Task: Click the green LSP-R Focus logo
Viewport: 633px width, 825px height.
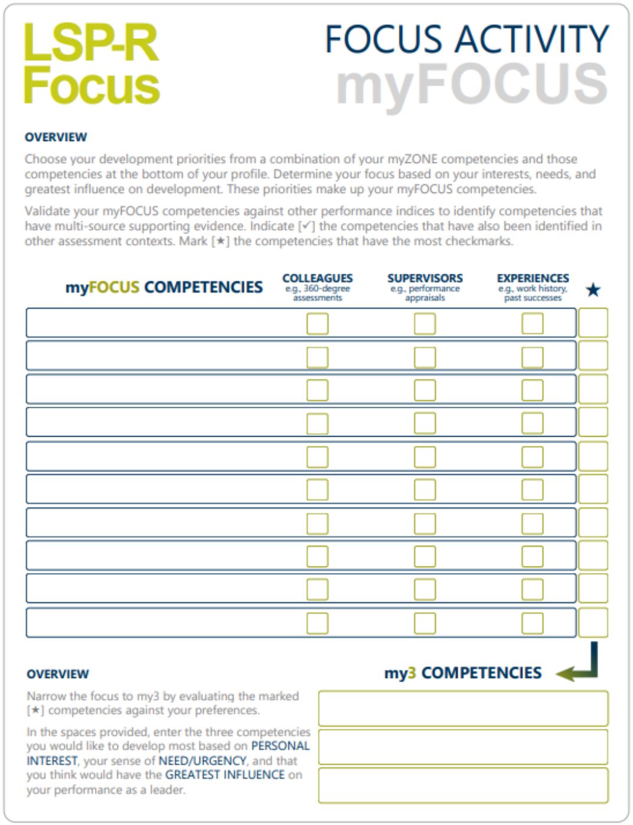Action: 91,64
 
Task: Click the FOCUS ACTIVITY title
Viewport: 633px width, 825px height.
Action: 466,40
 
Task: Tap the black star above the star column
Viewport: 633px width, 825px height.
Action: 593,290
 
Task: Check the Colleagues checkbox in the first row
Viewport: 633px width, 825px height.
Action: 317,323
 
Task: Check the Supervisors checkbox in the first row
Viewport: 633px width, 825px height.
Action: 425,323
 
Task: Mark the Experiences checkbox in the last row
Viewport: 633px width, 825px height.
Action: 532,623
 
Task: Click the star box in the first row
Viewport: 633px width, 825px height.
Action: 593,323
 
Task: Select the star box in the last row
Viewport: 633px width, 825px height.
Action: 593,623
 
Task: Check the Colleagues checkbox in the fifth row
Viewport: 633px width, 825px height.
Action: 317,456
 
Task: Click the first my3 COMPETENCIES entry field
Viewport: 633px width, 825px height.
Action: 463,708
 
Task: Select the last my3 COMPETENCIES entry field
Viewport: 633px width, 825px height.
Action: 463,785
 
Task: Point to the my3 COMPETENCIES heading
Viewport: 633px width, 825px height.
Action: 463,673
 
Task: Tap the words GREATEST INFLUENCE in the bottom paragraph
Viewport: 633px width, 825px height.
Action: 225,775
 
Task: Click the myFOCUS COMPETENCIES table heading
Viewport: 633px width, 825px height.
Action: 164,287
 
